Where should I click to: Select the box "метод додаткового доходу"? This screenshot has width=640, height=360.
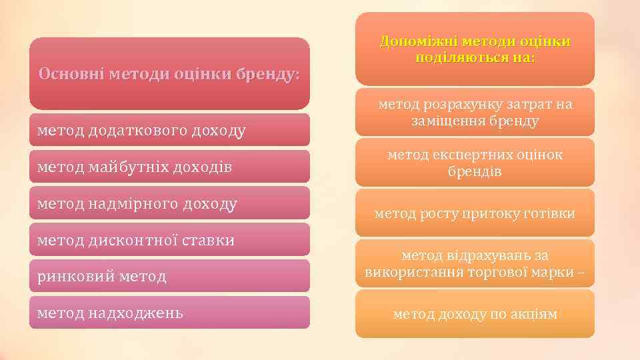[x=169, y=130]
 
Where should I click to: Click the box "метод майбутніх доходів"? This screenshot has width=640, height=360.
[x=169, y=167]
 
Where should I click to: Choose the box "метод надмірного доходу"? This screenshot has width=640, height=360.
[x=169, y=203]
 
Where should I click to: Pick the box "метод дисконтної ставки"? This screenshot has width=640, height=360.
[x=169, y=240]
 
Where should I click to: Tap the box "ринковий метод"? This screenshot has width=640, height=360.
[x=169, y=276]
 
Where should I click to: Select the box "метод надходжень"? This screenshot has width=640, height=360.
[x=169, y=312]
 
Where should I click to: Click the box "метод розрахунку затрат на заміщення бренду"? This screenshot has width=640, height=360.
[x=475, y=113]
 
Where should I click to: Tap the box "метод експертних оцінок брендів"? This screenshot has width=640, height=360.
[x=475, y=163]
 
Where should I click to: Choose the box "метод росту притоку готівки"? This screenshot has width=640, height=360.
[x=475, y=213]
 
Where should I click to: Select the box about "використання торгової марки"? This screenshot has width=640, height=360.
[x=475, y=264]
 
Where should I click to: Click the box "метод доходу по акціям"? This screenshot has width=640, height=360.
[x=475, y=314]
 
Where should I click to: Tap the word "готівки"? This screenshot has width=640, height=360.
[x=551, y=213]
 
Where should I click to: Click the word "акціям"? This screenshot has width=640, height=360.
[x=533, y=314]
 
